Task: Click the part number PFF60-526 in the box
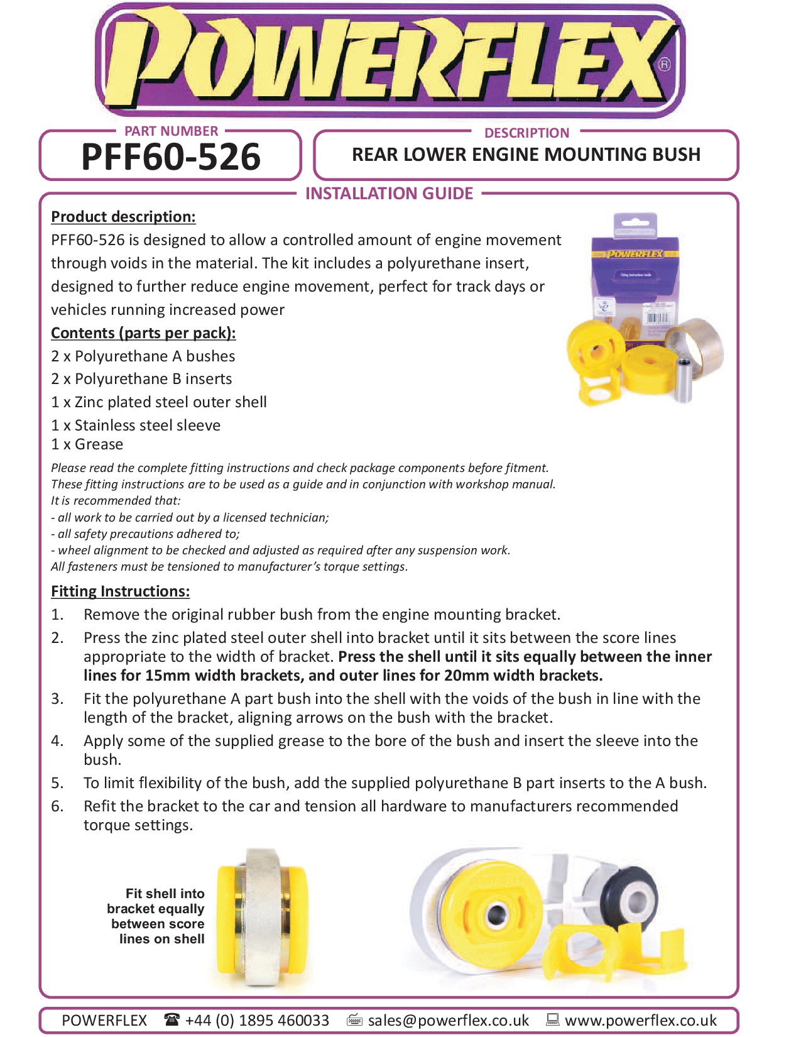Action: coord(170,157)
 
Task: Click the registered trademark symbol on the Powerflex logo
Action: coord(664,64)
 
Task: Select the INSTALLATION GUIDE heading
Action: coord(389,194)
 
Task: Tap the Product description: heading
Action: coord(123,217)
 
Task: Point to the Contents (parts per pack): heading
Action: coord(143,333)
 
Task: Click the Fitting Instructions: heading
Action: coord(120,591)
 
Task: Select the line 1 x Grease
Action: coord(87,444)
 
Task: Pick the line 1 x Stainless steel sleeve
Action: coord(136,425)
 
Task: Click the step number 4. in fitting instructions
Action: coord(57,741)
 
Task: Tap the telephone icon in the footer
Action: coord(172,1019)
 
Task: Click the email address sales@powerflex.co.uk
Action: coord(448,1020)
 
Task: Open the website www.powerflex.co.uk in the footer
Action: coord(640,1020)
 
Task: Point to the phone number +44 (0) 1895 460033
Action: coord(257,1020)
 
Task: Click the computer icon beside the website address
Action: coord(552,1019)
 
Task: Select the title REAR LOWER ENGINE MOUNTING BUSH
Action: coord(526,155)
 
